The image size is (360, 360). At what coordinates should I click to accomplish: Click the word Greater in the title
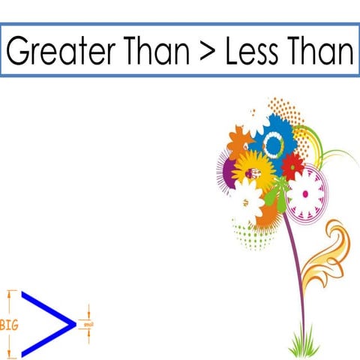pyautogui.click(x=52, y=51)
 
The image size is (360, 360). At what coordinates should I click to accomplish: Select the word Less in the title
pyautogui.click(x=253, y=51)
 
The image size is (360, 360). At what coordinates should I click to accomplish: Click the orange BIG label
pyautogui.click(x=10, y=325)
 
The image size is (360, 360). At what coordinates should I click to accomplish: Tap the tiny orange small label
pyautogui.click(x=88, y=324)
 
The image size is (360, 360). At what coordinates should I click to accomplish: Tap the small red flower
pyautogui.click(x=292, y=164)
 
